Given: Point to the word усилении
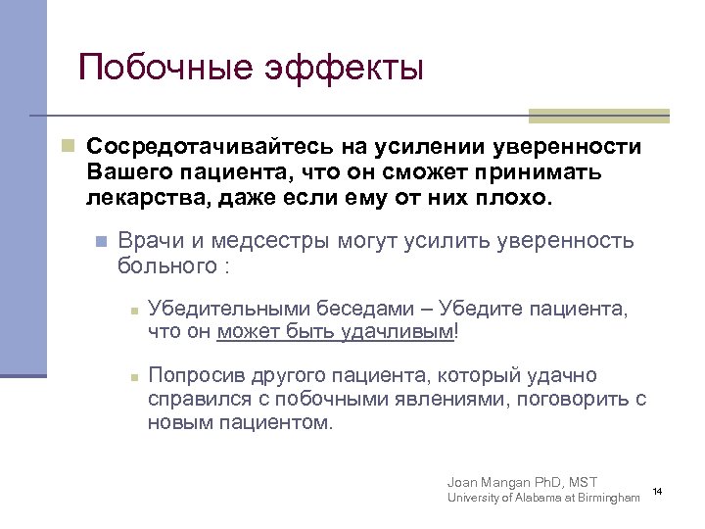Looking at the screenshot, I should tap(446, 147).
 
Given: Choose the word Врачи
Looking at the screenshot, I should tap(148, 241).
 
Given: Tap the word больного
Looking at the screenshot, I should tap(165, 265).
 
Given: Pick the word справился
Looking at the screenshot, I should tap(196, 400).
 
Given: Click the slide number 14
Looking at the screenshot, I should tap(657, 489).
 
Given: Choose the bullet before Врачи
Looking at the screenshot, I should tap(99, 241).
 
